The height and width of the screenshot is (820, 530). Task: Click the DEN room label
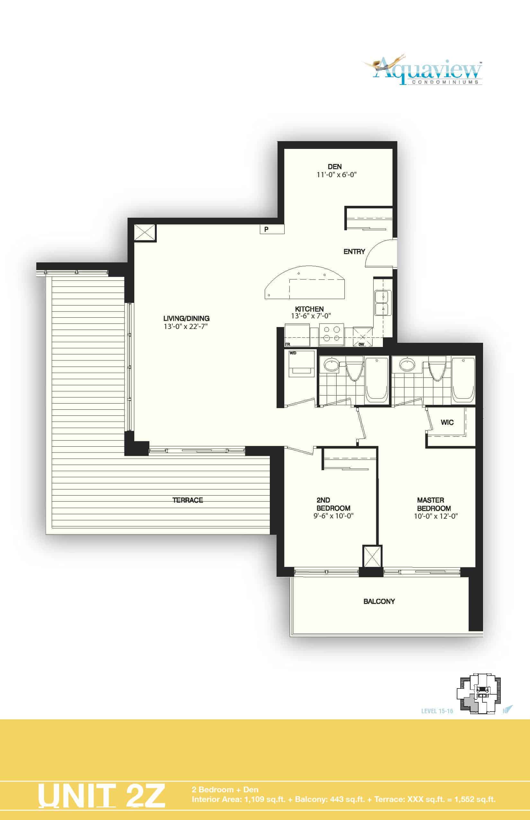(x=334, y=167)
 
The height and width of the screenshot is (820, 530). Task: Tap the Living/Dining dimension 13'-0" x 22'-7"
(x=186, y=326)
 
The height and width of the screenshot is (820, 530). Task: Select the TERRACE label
(x=188, y=500)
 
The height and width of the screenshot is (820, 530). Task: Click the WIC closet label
(x=447, y=423)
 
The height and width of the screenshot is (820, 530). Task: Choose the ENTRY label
(x=354, y=251)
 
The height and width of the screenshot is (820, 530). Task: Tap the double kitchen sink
(x=383, y=303)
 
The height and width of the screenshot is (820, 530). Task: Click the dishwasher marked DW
(x=362, y=337)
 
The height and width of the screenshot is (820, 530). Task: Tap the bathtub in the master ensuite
(x=463, y=380)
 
